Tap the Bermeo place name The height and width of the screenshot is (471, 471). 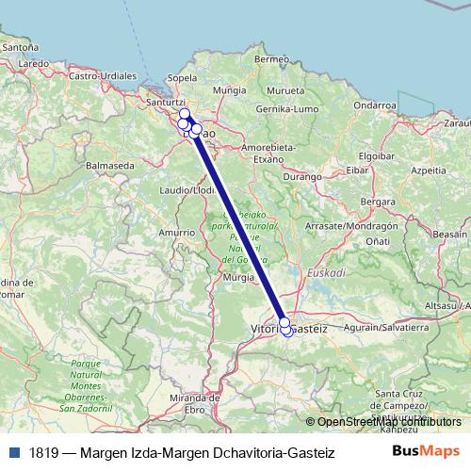[272, 58]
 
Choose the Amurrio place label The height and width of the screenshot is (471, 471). [175, 232]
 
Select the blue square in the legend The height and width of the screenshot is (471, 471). [13, 452]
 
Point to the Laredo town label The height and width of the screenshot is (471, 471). [33, 63]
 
